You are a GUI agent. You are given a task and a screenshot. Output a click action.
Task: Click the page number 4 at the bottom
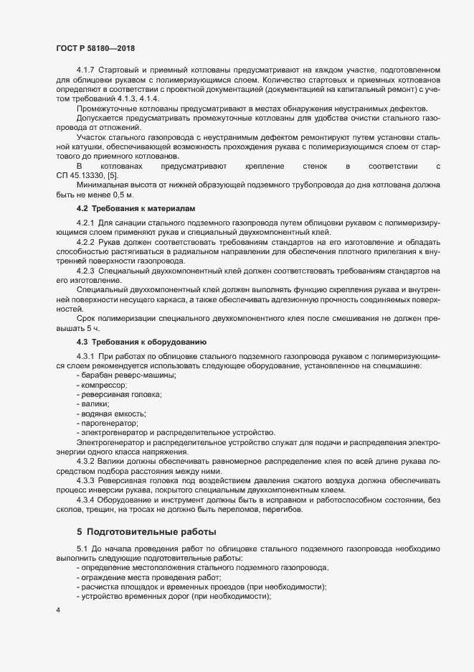tap(58, 611)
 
